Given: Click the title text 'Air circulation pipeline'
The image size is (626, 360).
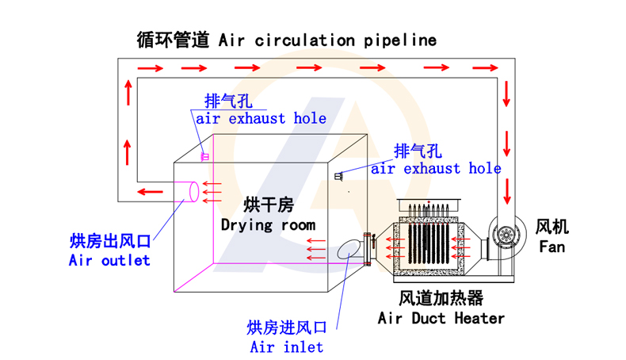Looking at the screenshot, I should click(327, 40).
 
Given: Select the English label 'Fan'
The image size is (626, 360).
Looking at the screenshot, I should click(552, 247).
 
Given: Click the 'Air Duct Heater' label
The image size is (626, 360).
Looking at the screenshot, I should click(441, 318).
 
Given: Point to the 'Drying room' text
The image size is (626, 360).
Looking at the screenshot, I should click(268, 224).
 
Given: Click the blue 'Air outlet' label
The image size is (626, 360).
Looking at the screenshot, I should click(109, 259).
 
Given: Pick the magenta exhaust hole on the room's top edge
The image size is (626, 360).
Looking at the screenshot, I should click(204, 156).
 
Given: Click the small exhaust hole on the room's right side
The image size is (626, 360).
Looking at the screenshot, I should click(338, 175).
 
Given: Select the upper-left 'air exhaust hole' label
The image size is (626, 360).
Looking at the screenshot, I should click(261, 119).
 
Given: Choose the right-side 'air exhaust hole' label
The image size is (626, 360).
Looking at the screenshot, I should click(436, 168).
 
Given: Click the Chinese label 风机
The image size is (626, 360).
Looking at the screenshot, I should click(552, 227).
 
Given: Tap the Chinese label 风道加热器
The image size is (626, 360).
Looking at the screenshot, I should click(441, 298).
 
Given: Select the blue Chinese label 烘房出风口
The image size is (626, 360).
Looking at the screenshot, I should click(109, 241).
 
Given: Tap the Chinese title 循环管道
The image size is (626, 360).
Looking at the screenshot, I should click(172, 40).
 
